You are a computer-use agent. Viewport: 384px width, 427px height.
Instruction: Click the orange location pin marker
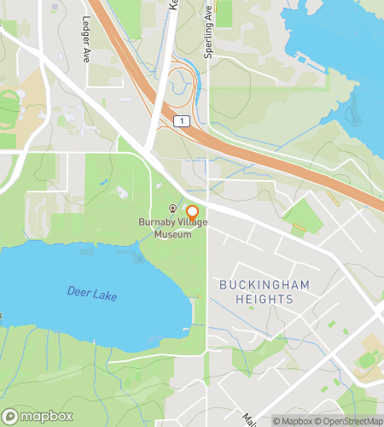coord(192,213)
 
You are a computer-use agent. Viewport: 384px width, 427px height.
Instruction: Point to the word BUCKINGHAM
coord(256,284)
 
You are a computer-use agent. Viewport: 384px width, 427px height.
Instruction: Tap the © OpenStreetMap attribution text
coord(351,420)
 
